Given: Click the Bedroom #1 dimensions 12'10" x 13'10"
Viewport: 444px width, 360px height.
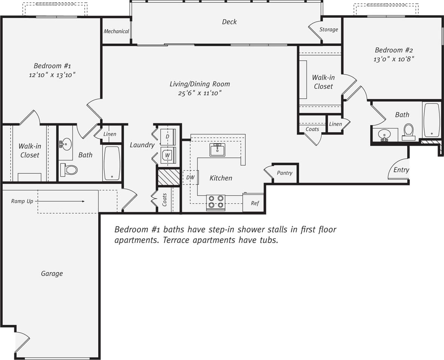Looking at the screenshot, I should [x=52, y=75].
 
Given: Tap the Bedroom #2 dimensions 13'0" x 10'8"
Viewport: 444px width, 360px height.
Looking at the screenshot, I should [x=394, y=59].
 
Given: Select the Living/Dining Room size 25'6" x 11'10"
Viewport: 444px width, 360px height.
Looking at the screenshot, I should [x=199, y=93].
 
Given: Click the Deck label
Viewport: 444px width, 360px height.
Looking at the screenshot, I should [x=229, y=22].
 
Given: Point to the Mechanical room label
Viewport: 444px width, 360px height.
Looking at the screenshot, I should [x=116, y=31].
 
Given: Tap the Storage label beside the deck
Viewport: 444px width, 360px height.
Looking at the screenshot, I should [x=328, y=29].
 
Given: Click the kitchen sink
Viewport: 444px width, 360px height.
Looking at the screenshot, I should [x=217, y=149].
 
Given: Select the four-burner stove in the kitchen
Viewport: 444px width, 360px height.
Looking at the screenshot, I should [x=216, y=202].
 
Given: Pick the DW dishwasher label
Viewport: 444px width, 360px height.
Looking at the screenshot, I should [x=190, y=177].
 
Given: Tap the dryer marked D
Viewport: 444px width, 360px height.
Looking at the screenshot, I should [x=168, y=136].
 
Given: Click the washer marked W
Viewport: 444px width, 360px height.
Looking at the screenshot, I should [x=168, y=155].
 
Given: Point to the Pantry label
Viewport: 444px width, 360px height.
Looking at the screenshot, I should [x=284, y=173].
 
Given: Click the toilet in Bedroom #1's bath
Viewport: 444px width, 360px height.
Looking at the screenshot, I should [x=69, y=170].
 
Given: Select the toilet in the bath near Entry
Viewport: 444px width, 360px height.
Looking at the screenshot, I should [x=409, y=131].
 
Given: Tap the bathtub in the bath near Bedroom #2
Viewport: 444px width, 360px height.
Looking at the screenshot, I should [x=432, y=120].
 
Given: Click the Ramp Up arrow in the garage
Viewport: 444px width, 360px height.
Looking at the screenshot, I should [x=60, y=202].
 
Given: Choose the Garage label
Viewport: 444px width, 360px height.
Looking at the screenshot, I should [x=52, y=274].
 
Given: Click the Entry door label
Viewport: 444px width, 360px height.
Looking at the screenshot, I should [x=401, y=170].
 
